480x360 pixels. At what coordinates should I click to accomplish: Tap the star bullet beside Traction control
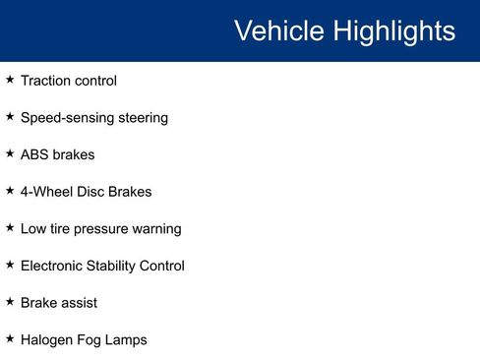click(10, 80)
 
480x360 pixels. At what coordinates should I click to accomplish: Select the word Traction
click(45, 81)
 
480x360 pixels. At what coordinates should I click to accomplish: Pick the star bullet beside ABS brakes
click(10, 153)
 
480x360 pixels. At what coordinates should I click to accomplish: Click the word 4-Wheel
click(47, 192)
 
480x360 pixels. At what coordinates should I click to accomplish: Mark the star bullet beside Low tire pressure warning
click(10, 227)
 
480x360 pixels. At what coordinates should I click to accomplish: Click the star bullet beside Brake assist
click(10, 301)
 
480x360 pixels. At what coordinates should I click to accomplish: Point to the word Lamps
click(126, 340)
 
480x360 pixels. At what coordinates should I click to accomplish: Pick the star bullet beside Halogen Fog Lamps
click(10, 338)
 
